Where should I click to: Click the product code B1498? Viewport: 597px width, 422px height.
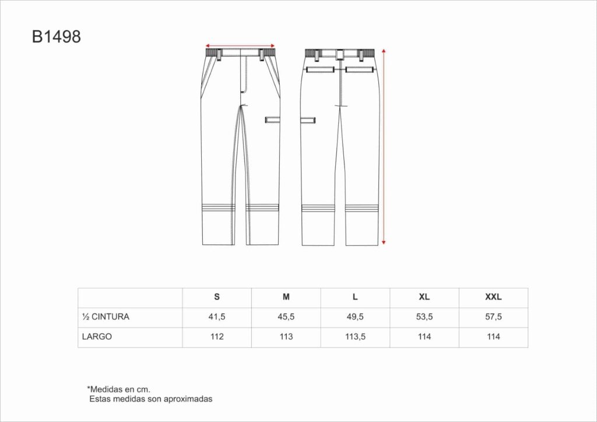pos(56,37)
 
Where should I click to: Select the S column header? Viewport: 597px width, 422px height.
pos(217,297)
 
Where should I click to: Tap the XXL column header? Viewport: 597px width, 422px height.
pos(493,297)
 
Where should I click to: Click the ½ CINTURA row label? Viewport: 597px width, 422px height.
pos(106,317)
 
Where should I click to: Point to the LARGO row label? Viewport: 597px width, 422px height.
pos(97,337)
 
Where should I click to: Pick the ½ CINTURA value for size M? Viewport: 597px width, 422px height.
pos(286,317)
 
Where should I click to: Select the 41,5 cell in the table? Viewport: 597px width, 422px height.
pos(217,317)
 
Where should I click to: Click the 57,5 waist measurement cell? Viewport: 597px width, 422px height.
pos(493,317)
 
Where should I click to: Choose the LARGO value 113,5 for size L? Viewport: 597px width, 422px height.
pos(355,337)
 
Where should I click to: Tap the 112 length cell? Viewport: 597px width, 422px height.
pos(217,337)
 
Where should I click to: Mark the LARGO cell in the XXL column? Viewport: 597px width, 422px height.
pos(493,337)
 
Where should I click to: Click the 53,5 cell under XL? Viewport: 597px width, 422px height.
pos(424,317)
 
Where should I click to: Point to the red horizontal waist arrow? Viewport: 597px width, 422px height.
pos(240,45)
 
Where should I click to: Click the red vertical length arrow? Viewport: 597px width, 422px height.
pos(384,146)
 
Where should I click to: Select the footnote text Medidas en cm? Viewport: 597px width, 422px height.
pos(119,389)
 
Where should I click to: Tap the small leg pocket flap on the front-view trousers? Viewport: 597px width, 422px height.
pos(273,119)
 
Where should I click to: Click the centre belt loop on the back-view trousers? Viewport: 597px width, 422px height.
pos(340,55)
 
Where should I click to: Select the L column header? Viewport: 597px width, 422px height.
pos(355,297)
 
